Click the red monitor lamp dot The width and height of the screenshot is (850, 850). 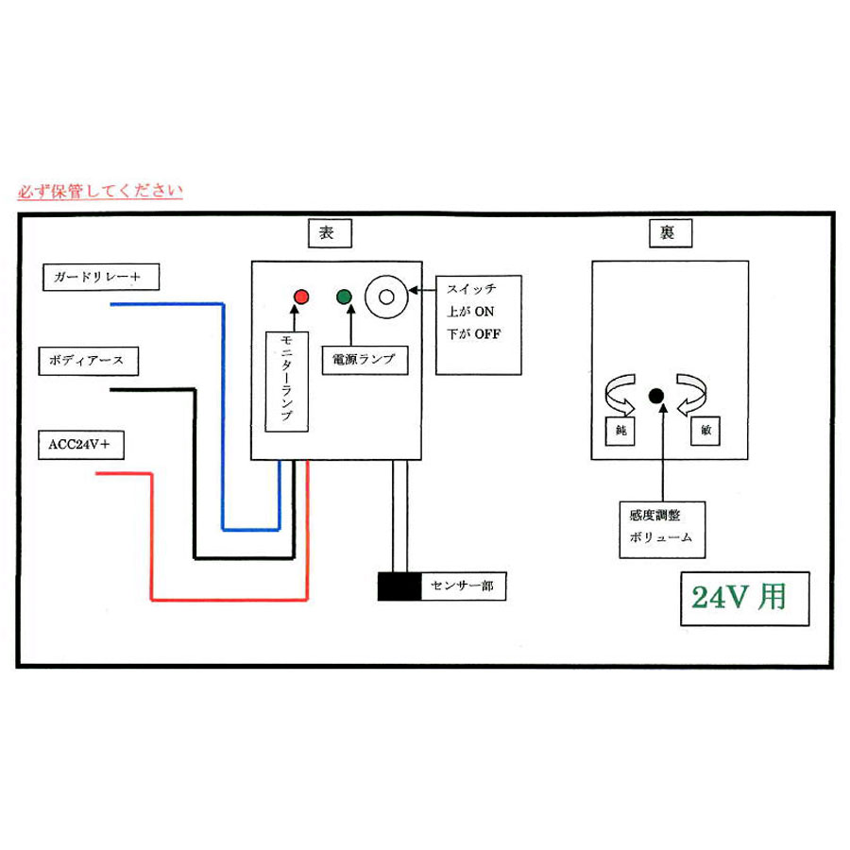coord(301,297)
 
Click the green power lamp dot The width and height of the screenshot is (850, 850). coord(344,297)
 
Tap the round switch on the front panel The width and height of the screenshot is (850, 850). coord(385,296)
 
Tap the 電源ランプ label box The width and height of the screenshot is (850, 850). coord(358,360)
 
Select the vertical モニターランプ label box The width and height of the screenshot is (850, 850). coord(287,381)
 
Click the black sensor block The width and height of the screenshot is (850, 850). coord(399,587)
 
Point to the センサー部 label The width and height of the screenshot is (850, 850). coord(462,587)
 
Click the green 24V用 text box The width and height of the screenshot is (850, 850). coord(745,598)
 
